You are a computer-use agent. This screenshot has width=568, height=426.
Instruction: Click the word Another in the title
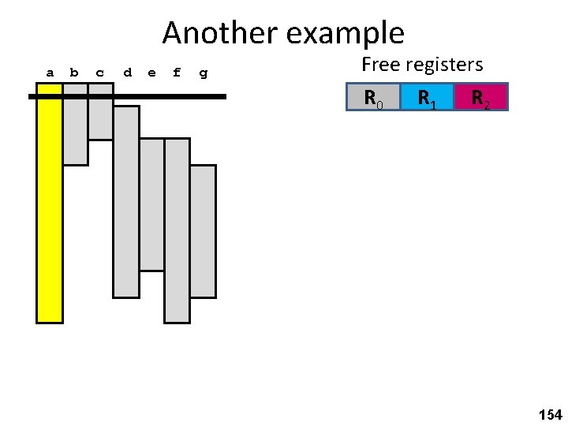tap(221, 33)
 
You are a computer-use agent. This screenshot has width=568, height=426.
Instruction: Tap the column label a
tap(50, 73)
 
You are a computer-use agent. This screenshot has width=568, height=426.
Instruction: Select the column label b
tap(74, 73)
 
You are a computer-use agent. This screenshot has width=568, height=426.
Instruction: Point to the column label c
tap(99, 73)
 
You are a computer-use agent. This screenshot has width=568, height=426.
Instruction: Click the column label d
tap(127, 73)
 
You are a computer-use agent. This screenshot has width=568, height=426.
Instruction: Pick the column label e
tap(151, 73)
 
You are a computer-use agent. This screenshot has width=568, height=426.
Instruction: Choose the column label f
tap(177, 73)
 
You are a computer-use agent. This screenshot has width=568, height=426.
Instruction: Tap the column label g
tap(204, 73)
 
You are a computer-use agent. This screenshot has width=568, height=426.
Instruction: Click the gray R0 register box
tap(373, 97)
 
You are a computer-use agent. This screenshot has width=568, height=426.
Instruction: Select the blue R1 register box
tap(427, 97)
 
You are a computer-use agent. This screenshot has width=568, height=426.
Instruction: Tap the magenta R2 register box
tap(480, 97)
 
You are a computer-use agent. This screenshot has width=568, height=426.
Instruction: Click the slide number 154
tap(550, 414)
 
